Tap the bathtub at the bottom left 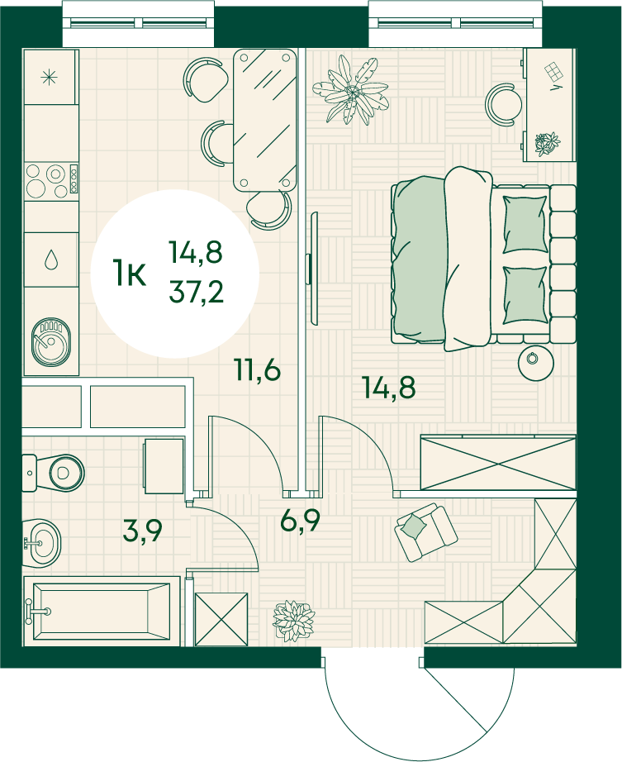point(102,612)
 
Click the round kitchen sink point(51,342)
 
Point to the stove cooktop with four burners point(51,181)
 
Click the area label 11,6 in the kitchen point(258,369)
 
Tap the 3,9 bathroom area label point(142,531)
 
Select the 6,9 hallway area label point(300,521)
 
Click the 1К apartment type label point(129,273)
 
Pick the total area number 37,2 point(196,292)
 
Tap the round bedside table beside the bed point(535,364)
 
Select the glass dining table point(265,121)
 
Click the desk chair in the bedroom point(501,105)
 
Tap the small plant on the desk point(547,144)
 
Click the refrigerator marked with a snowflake point(50,77)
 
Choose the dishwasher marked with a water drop point(51,260)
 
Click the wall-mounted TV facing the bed point(314,269)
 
